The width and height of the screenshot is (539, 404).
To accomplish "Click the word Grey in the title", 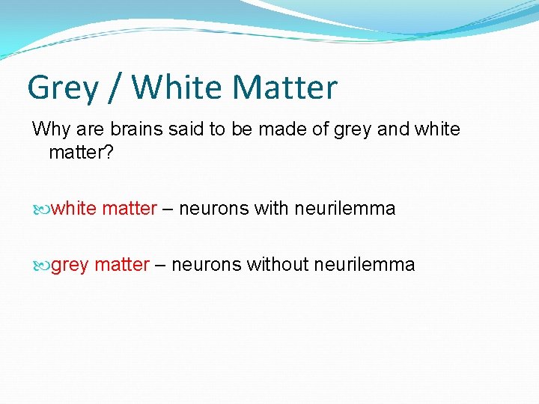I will tap(63, 88).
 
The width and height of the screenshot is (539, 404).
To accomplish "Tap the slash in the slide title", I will tap(117, 88).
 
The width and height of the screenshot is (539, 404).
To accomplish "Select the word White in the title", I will tap(177, 88).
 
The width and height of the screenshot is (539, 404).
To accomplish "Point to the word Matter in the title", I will tap(285, 88).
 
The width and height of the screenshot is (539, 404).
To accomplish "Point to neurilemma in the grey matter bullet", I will tap(365, 264).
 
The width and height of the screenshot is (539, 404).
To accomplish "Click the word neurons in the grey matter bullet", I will tap(206, 264).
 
